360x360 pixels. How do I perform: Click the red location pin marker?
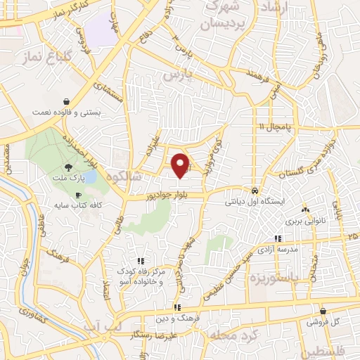click(182, 165)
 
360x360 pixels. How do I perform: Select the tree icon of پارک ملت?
click(69, 167)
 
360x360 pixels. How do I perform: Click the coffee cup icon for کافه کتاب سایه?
click(78, 194)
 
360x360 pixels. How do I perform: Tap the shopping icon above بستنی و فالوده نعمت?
click(65, 101)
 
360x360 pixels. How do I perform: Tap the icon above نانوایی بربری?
click(304, 209)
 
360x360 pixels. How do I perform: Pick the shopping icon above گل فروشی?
click(323, 311)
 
